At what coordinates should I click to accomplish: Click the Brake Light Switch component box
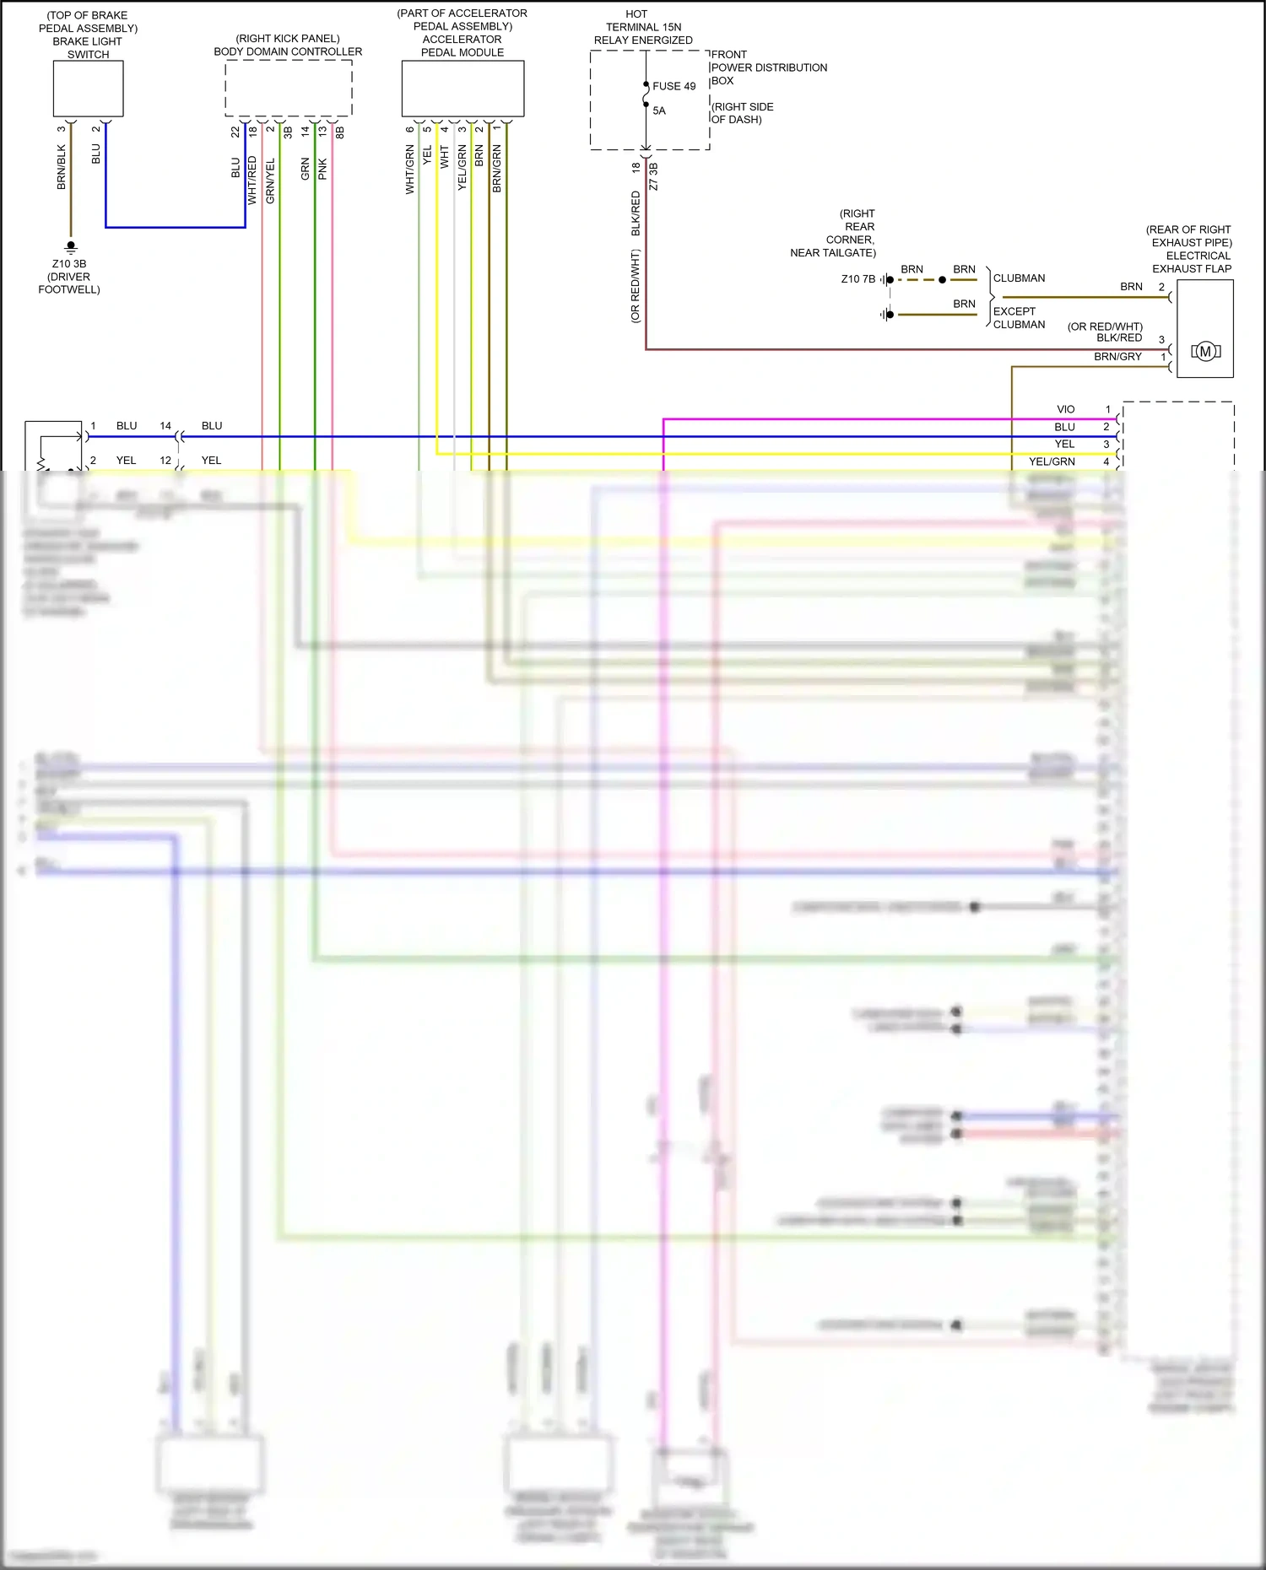tap(88, 89)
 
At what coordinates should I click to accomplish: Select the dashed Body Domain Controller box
tap(288, 89)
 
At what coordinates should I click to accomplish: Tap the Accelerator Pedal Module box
tap(463, 89)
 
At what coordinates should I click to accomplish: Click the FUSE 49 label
tap(674, 86)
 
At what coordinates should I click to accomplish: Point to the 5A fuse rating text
tap(659, 111)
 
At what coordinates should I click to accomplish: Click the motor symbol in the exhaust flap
tap(1205, 352)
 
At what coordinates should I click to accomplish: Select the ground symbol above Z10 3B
tap(71, 247)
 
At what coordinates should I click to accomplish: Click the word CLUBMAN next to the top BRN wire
tap(1019, 278)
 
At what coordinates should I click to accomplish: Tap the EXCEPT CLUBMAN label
tap(1019, 318)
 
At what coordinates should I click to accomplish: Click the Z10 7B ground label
tap(858, 279)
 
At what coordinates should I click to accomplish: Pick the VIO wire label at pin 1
tap(1066, 409)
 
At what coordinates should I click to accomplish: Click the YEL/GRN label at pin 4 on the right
tap(1052, 461)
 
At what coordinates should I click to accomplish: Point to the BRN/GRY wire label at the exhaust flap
tap(1117, 357)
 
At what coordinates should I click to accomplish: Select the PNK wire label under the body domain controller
tap(322, 169)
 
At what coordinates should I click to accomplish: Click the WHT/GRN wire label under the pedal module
tap(410, 170)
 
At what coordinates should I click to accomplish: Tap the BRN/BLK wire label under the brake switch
tap(62, 167)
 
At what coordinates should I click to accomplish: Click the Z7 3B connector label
tap(654, 176)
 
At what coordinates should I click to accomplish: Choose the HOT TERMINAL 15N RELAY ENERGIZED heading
tap(642, 27)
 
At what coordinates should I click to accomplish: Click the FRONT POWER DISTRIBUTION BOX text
tap(768, 67)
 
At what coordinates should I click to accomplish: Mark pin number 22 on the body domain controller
tap(235, 132)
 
